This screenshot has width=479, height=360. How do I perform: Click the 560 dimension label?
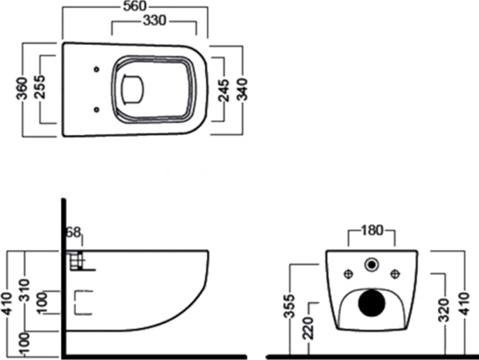pos(135,6)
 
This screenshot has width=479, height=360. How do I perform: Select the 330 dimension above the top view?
pos(155,21)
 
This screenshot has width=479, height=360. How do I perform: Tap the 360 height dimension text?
pos(22,89)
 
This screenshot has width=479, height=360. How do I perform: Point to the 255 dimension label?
pos(39,87)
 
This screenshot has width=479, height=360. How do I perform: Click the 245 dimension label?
pos(224,90)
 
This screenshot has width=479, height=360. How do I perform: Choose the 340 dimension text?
pos(243,90)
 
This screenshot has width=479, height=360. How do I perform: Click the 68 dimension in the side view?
pos(73,233)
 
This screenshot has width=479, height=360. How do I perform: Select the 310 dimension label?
pos(24,290)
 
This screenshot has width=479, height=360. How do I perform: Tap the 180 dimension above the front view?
pos(372,230)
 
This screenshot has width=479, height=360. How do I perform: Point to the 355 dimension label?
pos(289,306)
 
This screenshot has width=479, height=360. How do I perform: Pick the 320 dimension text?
pos(444,310)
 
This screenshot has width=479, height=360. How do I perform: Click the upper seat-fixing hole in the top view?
pos(97,69)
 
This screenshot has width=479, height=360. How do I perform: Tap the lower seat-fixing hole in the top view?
pos(97,109)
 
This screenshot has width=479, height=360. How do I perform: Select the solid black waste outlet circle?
pos(372,303)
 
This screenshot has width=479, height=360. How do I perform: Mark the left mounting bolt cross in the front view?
pos(348,274)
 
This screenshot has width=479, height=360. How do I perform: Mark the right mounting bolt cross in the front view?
pos(396,274)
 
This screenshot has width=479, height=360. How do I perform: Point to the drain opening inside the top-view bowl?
pos(133,89)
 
